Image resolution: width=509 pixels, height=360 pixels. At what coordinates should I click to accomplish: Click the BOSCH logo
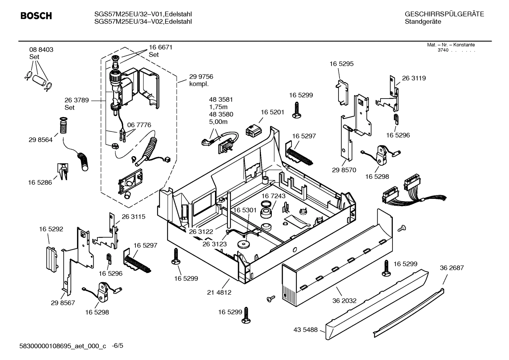pos(36,16)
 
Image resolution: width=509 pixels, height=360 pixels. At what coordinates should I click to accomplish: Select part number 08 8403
pos(41,50)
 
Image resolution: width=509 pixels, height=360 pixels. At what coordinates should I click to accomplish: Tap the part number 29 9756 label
pos(201,77)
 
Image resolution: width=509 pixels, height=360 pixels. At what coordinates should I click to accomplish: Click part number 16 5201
pos(273,112)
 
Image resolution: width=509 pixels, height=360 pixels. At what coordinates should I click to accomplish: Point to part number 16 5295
pos(341,64)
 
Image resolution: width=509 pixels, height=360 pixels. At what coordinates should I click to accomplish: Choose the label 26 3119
pos(414,78)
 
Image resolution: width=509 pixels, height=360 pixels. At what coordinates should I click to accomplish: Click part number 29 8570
pos(344,170)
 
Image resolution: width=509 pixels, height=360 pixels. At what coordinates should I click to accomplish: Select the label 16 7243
pos(274,196)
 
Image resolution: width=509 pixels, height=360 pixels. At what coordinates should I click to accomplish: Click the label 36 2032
pos(344,301)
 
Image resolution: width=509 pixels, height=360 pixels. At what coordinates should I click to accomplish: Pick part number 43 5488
pos(305,330)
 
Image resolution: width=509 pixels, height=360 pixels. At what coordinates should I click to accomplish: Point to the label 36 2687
pos(452,268)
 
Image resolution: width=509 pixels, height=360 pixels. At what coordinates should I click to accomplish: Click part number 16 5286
pos(40,182)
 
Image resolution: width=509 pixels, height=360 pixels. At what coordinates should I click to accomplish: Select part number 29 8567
pos(63,303)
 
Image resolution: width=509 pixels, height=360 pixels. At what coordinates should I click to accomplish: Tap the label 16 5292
pos(51,229)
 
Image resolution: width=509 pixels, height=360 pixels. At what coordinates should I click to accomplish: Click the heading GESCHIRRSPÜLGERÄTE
pos(444,14)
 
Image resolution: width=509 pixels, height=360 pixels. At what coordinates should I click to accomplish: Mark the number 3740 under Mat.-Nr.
pos(443,50)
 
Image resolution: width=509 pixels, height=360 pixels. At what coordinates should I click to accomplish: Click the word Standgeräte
pos(423,22)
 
